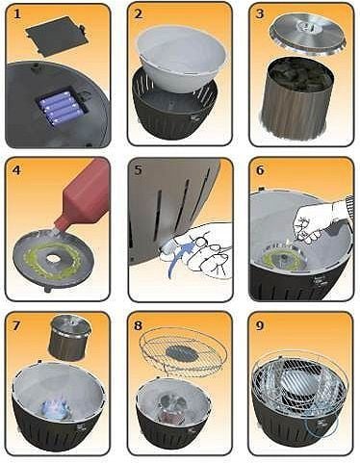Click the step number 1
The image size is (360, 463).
tap(16, 14)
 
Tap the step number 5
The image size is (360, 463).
tap(139, 169)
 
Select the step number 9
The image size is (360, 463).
tap(260, 325)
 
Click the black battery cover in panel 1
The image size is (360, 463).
tap(56, 36)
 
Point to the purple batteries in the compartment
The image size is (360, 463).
tap(62, 109)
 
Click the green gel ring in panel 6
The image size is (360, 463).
tap(283, 257)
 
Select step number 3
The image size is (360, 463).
tap(260, 14)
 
